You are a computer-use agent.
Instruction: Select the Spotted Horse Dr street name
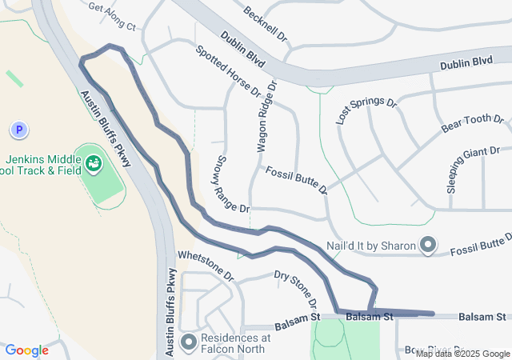(228, 70)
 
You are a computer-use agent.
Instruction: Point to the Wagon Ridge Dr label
(266, 117)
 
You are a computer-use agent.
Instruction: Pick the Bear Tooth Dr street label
(473, 123)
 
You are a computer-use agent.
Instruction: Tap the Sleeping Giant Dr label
(473, 169)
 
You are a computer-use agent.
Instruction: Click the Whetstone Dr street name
(205, 266)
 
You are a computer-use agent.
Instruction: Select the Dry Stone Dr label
(296, 289)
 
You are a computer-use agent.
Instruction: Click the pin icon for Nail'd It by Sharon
(428, 245)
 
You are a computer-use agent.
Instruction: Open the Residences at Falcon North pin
(189, 343)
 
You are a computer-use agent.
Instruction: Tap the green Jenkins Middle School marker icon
(94, 164)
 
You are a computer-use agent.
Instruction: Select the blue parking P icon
(18, 129)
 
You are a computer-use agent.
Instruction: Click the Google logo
(26, 350)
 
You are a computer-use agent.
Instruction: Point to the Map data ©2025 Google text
(462, 354)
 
